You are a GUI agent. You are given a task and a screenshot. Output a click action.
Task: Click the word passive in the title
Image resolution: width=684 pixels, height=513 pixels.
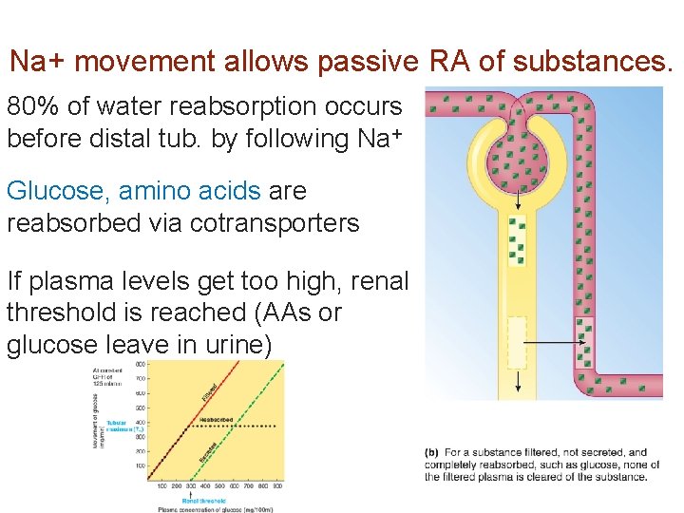(366, 62)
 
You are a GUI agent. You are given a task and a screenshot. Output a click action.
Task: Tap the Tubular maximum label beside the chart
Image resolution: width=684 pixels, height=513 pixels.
(122, 426)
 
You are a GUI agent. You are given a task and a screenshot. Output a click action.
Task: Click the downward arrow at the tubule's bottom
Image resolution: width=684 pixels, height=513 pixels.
(518, 380)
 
